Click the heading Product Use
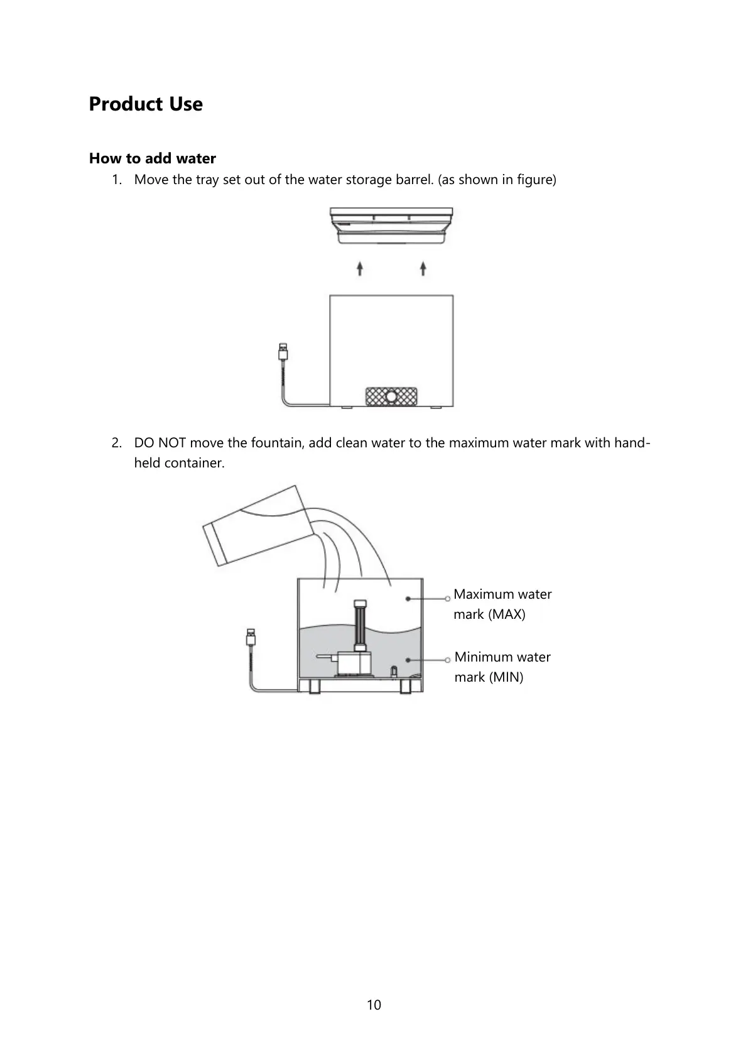pos(146,104)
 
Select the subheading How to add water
pos(153,158)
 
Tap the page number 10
pos(374,1005)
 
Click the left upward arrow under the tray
pos(360,269)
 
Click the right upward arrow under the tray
pos(423,269)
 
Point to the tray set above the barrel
pos(391,226)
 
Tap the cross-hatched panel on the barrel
pos(391,396)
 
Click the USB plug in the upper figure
pos(283,351)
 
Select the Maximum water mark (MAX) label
pos(502,604)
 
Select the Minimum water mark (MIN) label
pos(502,667)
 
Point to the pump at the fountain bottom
pos(355,663)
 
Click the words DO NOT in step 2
pos(160,443)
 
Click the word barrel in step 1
pos(414,180)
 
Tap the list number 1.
pos(116,180)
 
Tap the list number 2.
pos(116,443)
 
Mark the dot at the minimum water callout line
pos(408,660)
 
